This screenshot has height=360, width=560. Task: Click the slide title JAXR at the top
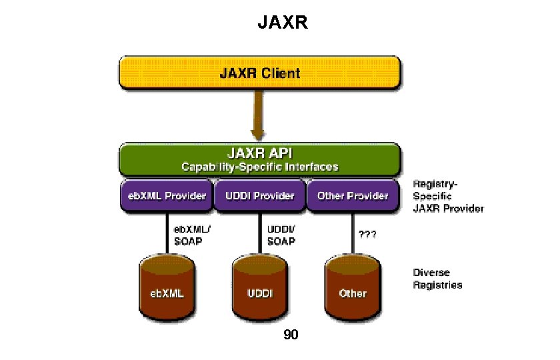283,25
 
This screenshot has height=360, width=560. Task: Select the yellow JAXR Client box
260,73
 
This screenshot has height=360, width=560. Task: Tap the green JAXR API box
260,159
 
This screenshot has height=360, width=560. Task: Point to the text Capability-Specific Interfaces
260,167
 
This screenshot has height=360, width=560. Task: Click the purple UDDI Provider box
259,196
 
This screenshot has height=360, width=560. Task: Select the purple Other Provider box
353,196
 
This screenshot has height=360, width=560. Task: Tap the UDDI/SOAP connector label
281,234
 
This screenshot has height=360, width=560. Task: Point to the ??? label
368,235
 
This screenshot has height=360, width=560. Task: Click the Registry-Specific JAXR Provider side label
447,196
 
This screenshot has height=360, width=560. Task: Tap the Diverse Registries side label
437,279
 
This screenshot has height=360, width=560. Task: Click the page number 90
291,335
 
